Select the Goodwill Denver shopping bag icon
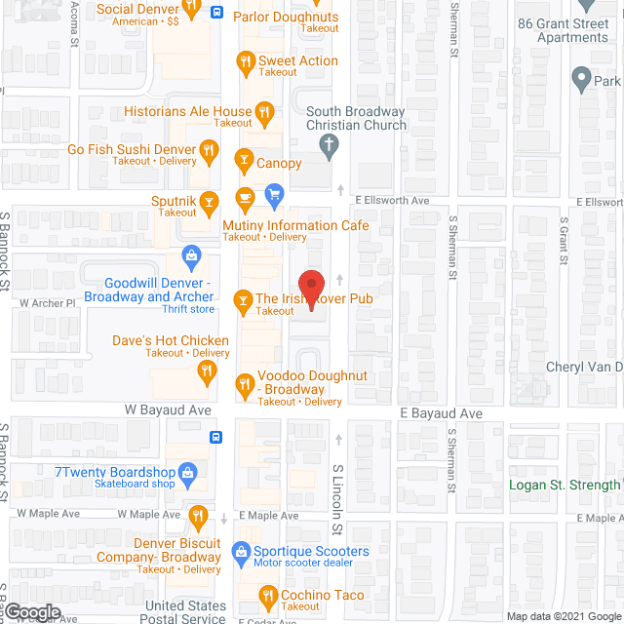[x=191, y=257]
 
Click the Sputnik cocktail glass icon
[x=208, y=202]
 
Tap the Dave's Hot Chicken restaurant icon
[x=206, y=370]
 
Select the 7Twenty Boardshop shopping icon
[x=191, y=476]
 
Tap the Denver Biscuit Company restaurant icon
[x=199, y=515]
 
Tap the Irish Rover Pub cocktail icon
[x=244, y=299]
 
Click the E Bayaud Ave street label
[x=441, y=413]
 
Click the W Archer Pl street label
[x=48, y=303]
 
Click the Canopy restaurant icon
[x=244, y=163]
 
